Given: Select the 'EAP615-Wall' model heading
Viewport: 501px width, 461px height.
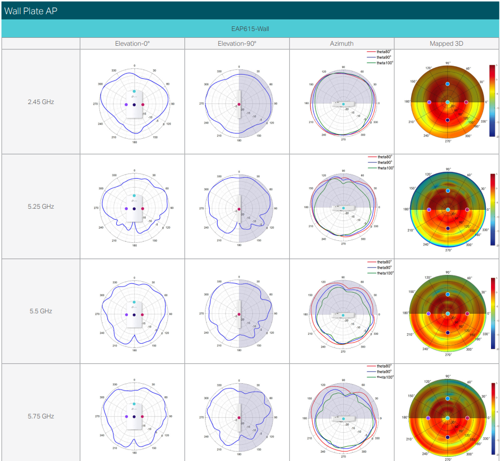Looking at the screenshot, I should (x=250, y=28).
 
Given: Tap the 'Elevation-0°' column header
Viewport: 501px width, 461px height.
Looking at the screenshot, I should (x=132, y=44).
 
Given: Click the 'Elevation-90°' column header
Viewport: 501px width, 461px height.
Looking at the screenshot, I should (x=237, y=44).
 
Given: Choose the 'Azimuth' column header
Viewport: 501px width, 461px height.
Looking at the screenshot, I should (x=342, y=44).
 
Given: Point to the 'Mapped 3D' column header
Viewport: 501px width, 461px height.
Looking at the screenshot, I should (x=446, y=44).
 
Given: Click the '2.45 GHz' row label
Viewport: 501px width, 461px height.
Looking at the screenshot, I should (x=41, y=101).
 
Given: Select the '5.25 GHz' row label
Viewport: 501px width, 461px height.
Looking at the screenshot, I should (x=41, y=207).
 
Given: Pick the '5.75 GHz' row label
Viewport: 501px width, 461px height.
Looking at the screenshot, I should (x=41, y=416).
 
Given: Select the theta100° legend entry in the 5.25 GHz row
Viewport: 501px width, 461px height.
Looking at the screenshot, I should (x=384, y=168).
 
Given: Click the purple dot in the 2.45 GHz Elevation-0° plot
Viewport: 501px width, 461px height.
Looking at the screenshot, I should (x=127, y=105).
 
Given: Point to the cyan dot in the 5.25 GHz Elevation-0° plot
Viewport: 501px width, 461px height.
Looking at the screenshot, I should (x=135, y=196).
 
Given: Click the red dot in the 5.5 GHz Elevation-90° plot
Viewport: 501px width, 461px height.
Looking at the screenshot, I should (x=239, y=314).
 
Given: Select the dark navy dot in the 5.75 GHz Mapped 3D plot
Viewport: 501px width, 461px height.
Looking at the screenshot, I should (x=447, y=437).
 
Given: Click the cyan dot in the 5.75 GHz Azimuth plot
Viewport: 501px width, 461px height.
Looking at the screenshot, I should (x=343, y=419).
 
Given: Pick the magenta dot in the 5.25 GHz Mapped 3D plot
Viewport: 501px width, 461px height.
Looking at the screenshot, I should (x=466, y=209).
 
